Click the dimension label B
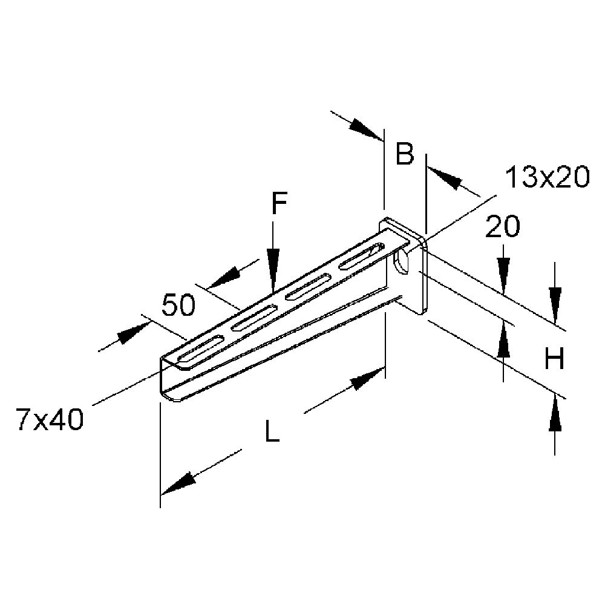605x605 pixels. (405, 153)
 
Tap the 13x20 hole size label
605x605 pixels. (547, 177)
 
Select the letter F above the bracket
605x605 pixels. (279, 203)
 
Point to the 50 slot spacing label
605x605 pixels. (178, 305)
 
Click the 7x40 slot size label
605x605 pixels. (50, 420)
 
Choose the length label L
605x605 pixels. (272, 431)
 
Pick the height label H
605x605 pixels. (554, 358)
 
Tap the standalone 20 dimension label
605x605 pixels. (502, 226)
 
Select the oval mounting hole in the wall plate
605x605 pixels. (402, 261)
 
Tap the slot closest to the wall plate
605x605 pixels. (362, 255)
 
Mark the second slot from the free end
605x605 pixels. (253, 318)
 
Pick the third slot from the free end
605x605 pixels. (307, 286)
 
